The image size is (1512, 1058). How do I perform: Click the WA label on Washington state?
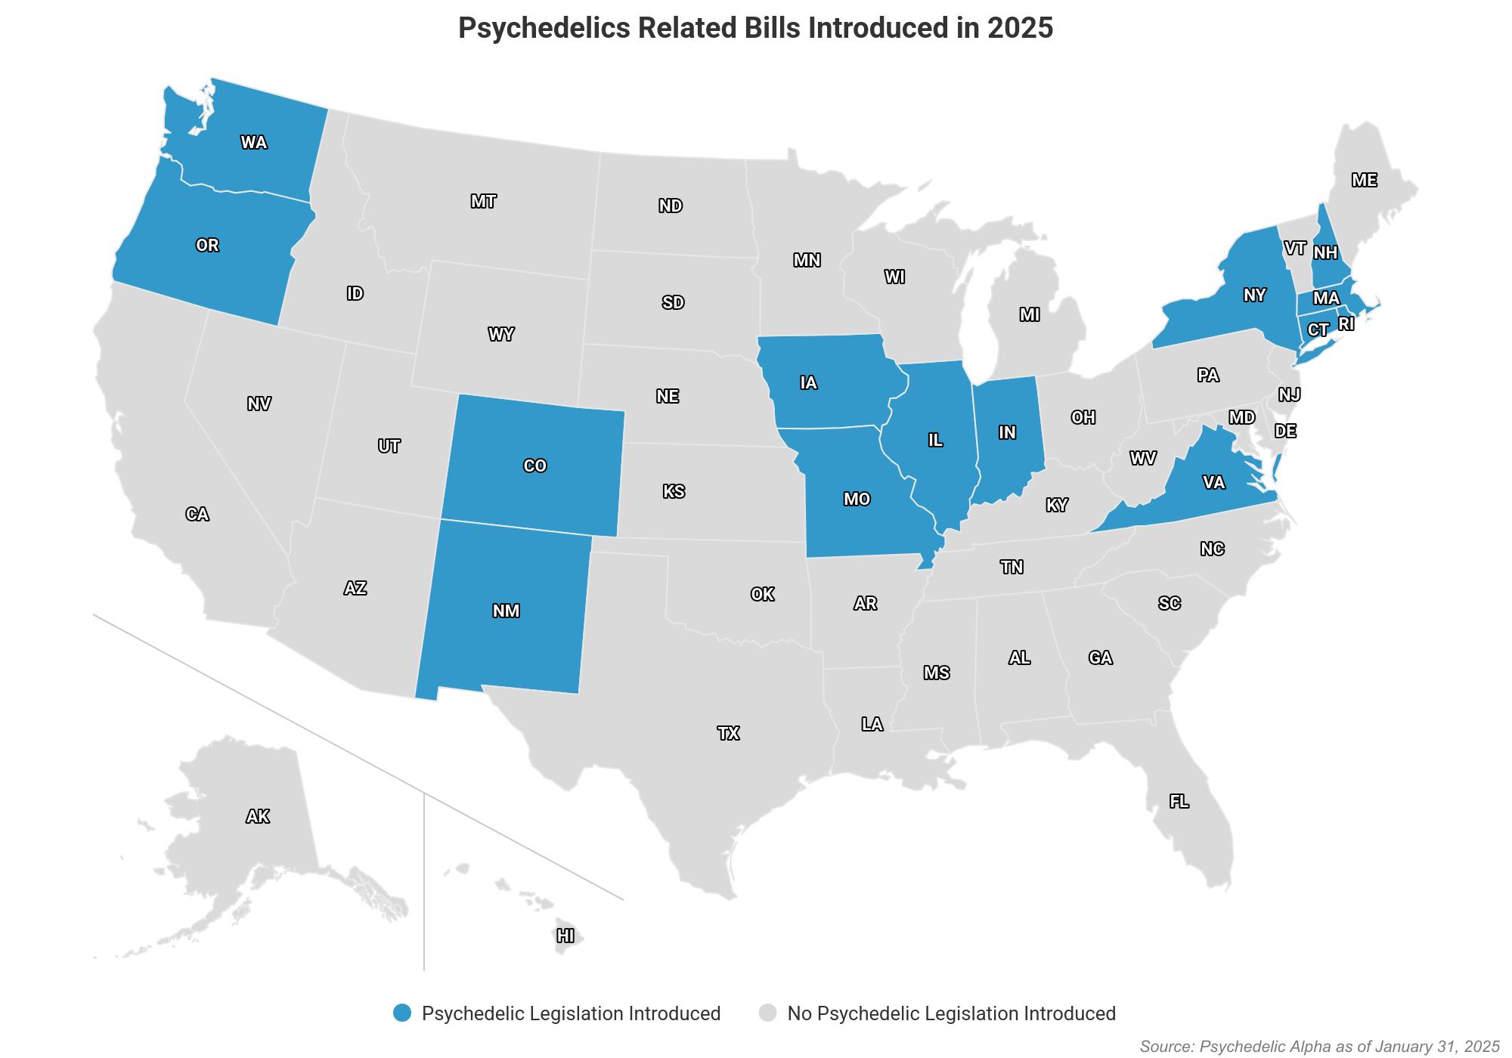tap(253, 142)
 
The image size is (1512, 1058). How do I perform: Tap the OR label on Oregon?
tap(207, 245)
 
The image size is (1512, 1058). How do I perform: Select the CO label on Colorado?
tap(534, 466)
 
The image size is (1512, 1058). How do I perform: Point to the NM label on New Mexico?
tap(506, 611)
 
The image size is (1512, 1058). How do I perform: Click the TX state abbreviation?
tap(728, 733)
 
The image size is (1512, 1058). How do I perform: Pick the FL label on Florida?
tap(1179, 801)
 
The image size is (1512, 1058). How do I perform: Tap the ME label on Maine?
tap(1364, 180)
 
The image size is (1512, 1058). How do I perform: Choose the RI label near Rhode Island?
tap(1346, 324)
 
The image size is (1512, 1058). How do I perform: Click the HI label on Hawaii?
tap(565, 936)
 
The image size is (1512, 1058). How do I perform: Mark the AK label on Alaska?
tap(258, 816)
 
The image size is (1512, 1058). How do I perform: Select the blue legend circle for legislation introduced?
tap(402, 1013)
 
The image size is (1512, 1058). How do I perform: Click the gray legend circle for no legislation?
tap(768, 1013)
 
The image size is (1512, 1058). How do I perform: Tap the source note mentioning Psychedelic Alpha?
tap(1319, 1047)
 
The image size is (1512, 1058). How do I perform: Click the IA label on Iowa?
tap(808, 382)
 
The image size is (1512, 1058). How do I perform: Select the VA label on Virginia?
tap(1213, 482)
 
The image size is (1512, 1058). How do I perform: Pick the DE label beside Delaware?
tap(1285, 431)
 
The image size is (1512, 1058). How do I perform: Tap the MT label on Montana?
tap(483, 201)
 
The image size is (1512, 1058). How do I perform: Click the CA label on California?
tap(197, 514)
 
